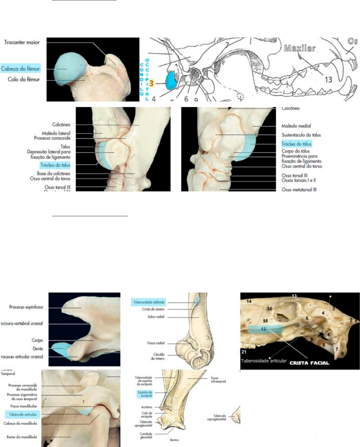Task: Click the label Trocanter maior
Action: coord(22,42)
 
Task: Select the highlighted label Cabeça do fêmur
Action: coord(20,69)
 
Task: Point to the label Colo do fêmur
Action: coord(24,80)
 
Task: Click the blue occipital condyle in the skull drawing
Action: coord(172,81)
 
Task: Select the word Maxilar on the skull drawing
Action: coord(299,48)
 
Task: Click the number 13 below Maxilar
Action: coord(328,79)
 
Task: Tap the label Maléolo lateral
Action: coord(56,133)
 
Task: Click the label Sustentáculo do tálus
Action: coord(301,135)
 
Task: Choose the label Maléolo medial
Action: coord(296,126)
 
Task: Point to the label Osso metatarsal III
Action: coord(299,190)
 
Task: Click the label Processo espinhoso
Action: coord(26,307)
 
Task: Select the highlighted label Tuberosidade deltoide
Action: coord(149,302)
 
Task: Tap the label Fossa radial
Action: coord(156,343)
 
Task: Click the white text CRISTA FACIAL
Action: coord(309,363)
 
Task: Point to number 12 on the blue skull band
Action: coord(263,329)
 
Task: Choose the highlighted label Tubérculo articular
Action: coord(23,414)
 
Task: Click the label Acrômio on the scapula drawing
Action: coord(147,407)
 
